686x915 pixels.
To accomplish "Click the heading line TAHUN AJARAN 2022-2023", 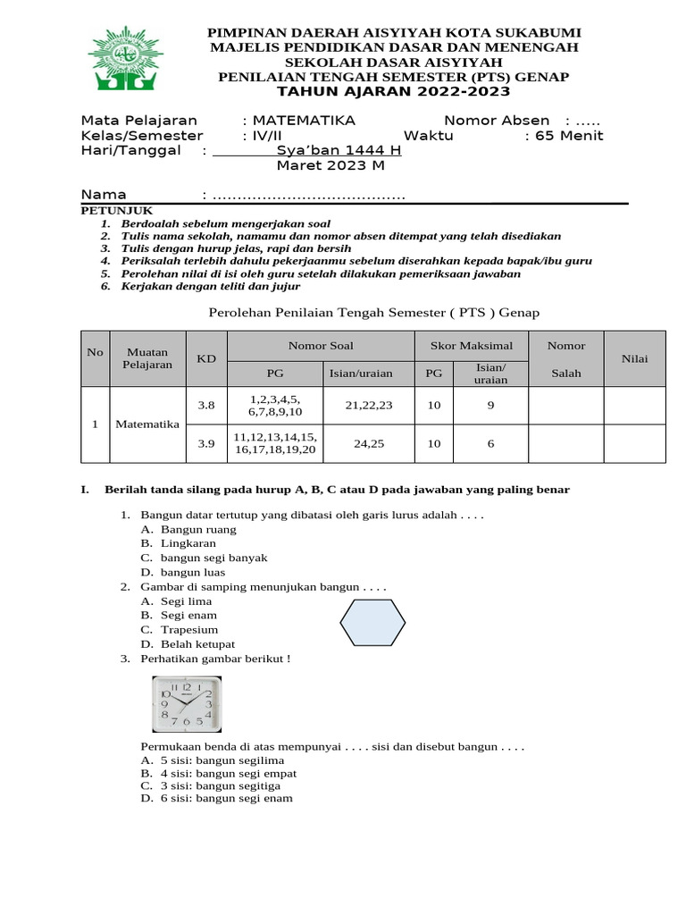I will coord(393,92).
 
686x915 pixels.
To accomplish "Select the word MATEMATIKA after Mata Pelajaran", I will coord(304,121).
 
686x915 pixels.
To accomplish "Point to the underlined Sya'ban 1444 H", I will coord(339,150).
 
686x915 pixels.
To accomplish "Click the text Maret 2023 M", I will coord(330,165).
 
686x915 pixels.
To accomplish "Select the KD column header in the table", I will coord(206,358).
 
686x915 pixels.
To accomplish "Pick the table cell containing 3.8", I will coord(206,406).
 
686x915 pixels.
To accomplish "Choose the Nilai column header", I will coord(635,358).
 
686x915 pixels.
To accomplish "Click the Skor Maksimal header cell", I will coord(472,345).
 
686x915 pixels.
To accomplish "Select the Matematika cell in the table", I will coord(147,424).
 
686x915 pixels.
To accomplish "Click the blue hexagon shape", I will coord(372,622).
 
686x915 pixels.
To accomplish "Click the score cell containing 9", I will coord(490,406).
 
